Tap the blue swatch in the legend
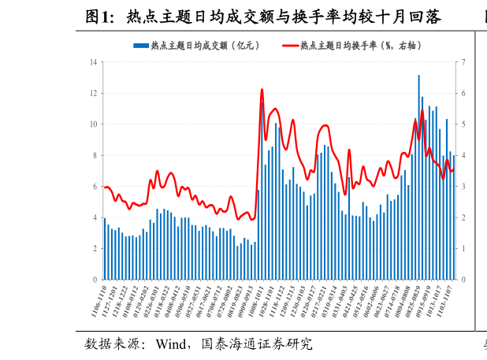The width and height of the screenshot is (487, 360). click(141, 46)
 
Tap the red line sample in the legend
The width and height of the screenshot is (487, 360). click(289, 46)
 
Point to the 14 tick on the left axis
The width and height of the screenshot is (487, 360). click(94, 62)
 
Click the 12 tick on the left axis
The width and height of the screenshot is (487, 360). click(94, 93)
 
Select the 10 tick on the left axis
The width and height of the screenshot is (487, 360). click(94, 124)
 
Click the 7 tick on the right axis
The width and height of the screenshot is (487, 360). click(464, 62)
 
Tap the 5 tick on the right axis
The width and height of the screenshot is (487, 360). click(464, 124)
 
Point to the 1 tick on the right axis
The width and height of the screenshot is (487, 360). click(464, 249)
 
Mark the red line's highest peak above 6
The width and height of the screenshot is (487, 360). click(262, 90)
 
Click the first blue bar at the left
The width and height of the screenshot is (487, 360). click(104, 249)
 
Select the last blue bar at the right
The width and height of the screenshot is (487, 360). click(453, 217)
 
